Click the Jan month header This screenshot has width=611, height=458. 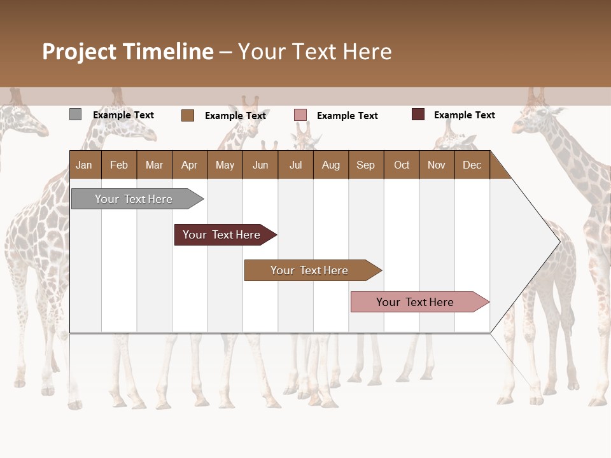click(84, 165)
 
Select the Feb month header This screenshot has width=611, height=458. click(119, 165)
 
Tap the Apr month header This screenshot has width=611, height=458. click(189, 165)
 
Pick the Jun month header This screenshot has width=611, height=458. click(260, 165)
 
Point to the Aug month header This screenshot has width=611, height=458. click(330, 165)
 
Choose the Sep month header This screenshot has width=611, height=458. click(365, 165)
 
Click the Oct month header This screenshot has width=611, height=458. click(402, 165)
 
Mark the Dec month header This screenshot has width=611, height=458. click(472, 165)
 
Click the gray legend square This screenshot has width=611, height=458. click(75, 114)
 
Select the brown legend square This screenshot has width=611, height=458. click(187, 115)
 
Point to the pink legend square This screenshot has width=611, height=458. click(300, 115)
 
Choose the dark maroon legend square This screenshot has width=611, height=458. click(418, 114)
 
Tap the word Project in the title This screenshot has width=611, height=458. click(80, 52)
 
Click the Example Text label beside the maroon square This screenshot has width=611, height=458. click(464, 115)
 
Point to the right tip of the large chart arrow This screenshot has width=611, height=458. click(559, 242)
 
